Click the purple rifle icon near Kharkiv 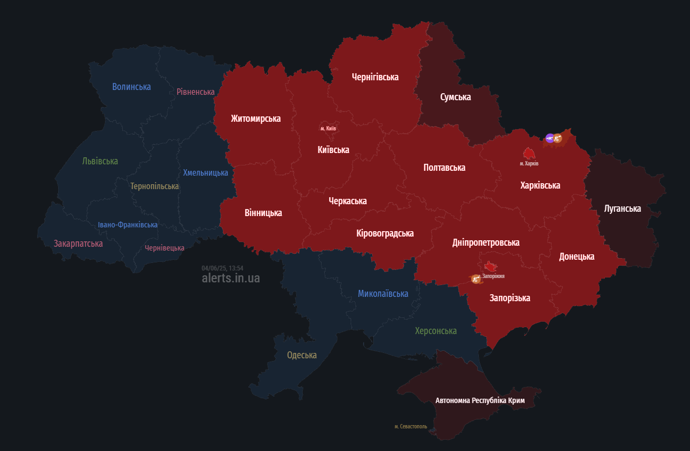549,138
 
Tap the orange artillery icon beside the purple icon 558,138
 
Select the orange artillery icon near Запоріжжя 476,279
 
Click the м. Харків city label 529,163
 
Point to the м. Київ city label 328,128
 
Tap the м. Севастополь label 410,426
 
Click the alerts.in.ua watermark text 231,278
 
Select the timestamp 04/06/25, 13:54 222,268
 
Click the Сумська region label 455,97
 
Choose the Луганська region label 623,209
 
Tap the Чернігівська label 375,77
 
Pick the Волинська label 131,87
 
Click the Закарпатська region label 78,244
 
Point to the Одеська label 302,355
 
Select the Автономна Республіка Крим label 479,400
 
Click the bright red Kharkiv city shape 529,153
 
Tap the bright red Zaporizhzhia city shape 490,266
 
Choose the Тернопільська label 155,186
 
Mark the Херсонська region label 436,331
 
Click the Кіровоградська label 385,233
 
